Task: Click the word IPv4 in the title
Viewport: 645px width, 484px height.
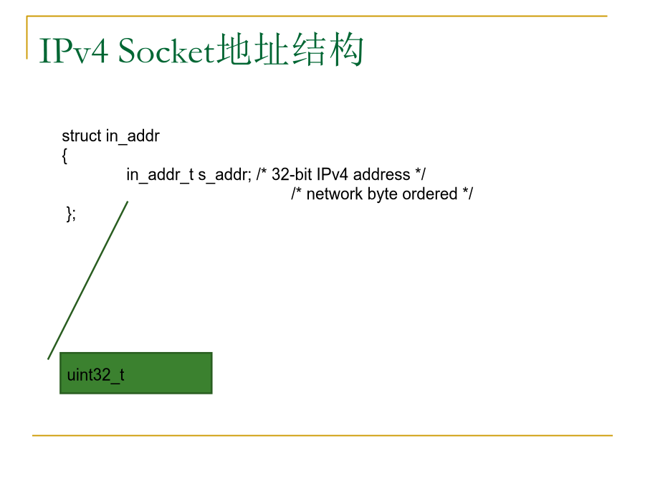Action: pyautogui.click(x=74, y=51)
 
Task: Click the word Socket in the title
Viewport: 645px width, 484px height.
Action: pyautogui.click(x=166, y=51)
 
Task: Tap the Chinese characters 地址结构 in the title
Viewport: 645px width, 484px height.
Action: pyautogui.click(x=290, y=49)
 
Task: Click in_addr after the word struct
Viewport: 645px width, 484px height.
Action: pyautogui.click(x=133, y=136)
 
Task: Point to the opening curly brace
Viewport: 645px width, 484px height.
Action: pyautogui.click(x=64, y=156)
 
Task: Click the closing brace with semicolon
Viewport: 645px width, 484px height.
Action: pyautogui.click(x=71, y=214)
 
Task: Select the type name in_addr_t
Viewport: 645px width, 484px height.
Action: pyautogui.click(x=160, y=175)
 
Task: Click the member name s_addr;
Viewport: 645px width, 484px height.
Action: pyautogui.click(x=224, y=175)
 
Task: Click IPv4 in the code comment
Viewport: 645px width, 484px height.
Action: pyautogui.click(x=333, y=174)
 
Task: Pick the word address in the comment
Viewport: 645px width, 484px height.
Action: pyautogui.click(x=382, y=174)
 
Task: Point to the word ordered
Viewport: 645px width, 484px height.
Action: pyautogui.click(x=430, y=194)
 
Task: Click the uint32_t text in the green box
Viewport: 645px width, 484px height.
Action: pyautogui.click(x=95, y=375)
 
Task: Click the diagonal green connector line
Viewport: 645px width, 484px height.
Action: pyautogui.click(x=88, y=280)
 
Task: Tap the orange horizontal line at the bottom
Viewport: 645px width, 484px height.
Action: pyautogui.click(x=322, y=435)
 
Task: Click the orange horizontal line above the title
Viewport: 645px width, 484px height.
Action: pyautogui.click(x=317, y=16)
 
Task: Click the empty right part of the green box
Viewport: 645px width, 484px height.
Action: pyautogui.click(x=168, y=374)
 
